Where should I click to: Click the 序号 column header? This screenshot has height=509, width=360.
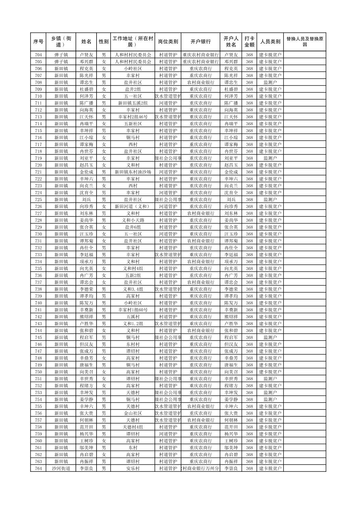tap(38, 42)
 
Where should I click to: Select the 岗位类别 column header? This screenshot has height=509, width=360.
tap(168, 42)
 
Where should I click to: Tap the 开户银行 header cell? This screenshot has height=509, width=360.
tap(200, 42)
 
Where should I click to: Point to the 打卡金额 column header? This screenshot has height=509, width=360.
tap(249, 42)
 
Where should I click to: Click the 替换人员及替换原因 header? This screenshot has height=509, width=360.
tap(304, 42)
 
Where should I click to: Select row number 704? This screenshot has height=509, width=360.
tap(38, 55)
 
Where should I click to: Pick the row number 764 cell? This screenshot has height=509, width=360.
tap(38, 468)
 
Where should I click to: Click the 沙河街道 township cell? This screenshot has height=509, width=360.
tap(61, 468)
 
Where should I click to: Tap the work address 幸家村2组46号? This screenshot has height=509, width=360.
tap(133, 117)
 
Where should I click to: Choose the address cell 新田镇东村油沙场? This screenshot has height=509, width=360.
tap(133, 172)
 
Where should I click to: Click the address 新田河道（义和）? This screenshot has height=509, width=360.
tap(133, 206)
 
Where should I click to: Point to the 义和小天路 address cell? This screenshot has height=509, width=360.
tap(133, 220)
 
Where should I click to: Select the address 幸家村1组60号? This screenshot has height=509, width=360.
tap(133, 310)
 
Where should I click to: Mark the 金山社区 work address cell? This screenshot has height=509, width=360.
tap(133, 413)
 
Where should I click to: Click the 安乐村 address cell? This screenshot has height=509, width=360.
tap(133, 468)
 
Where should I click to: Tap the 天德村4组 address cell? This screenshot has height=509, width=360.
tap(133, 427)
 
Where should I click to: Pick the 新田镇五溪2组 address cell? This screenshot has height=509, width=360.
tap(133, 103)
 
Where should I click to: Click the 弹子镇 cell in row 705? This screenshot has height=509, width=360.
tap(61, 62)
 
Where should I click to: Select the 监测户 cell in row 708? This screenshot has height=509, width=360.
tap(270, 82)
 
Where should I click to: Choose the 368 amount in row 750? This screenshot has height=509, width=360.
tap(249, 372)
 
